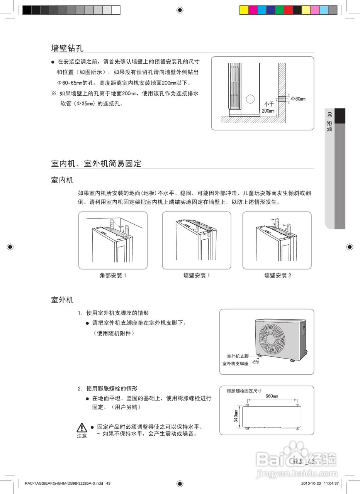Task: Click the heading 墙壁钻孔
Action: tap(67, 48)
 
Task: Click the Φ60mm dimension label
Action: tap(298, 99)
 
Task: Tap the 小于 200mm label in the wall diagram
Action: tap(268, 107)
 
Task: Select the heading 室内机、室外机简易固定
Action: tap(96, 164)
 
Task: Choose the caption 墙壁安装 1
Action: tap(196, 276)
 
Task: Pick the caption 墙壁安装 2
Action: tap(277, 276)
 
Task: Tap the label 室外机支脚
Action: tap(238, 356)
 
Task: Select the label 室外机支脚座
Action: tap(235, 364)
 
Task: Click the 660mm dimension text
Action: tap(272, 396)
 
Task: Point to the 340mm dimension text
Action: tap(236, 416)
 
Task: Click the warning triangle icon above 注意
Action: tap(82, 428)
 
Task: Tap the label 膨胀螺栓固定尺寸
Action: tap(244, 391)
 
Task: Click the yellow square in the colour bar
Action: tap(244, 10)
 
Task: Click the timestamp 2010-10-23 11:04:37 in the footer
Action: tap(320, 483)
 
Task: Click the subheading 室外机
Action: tap(62, 300)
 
